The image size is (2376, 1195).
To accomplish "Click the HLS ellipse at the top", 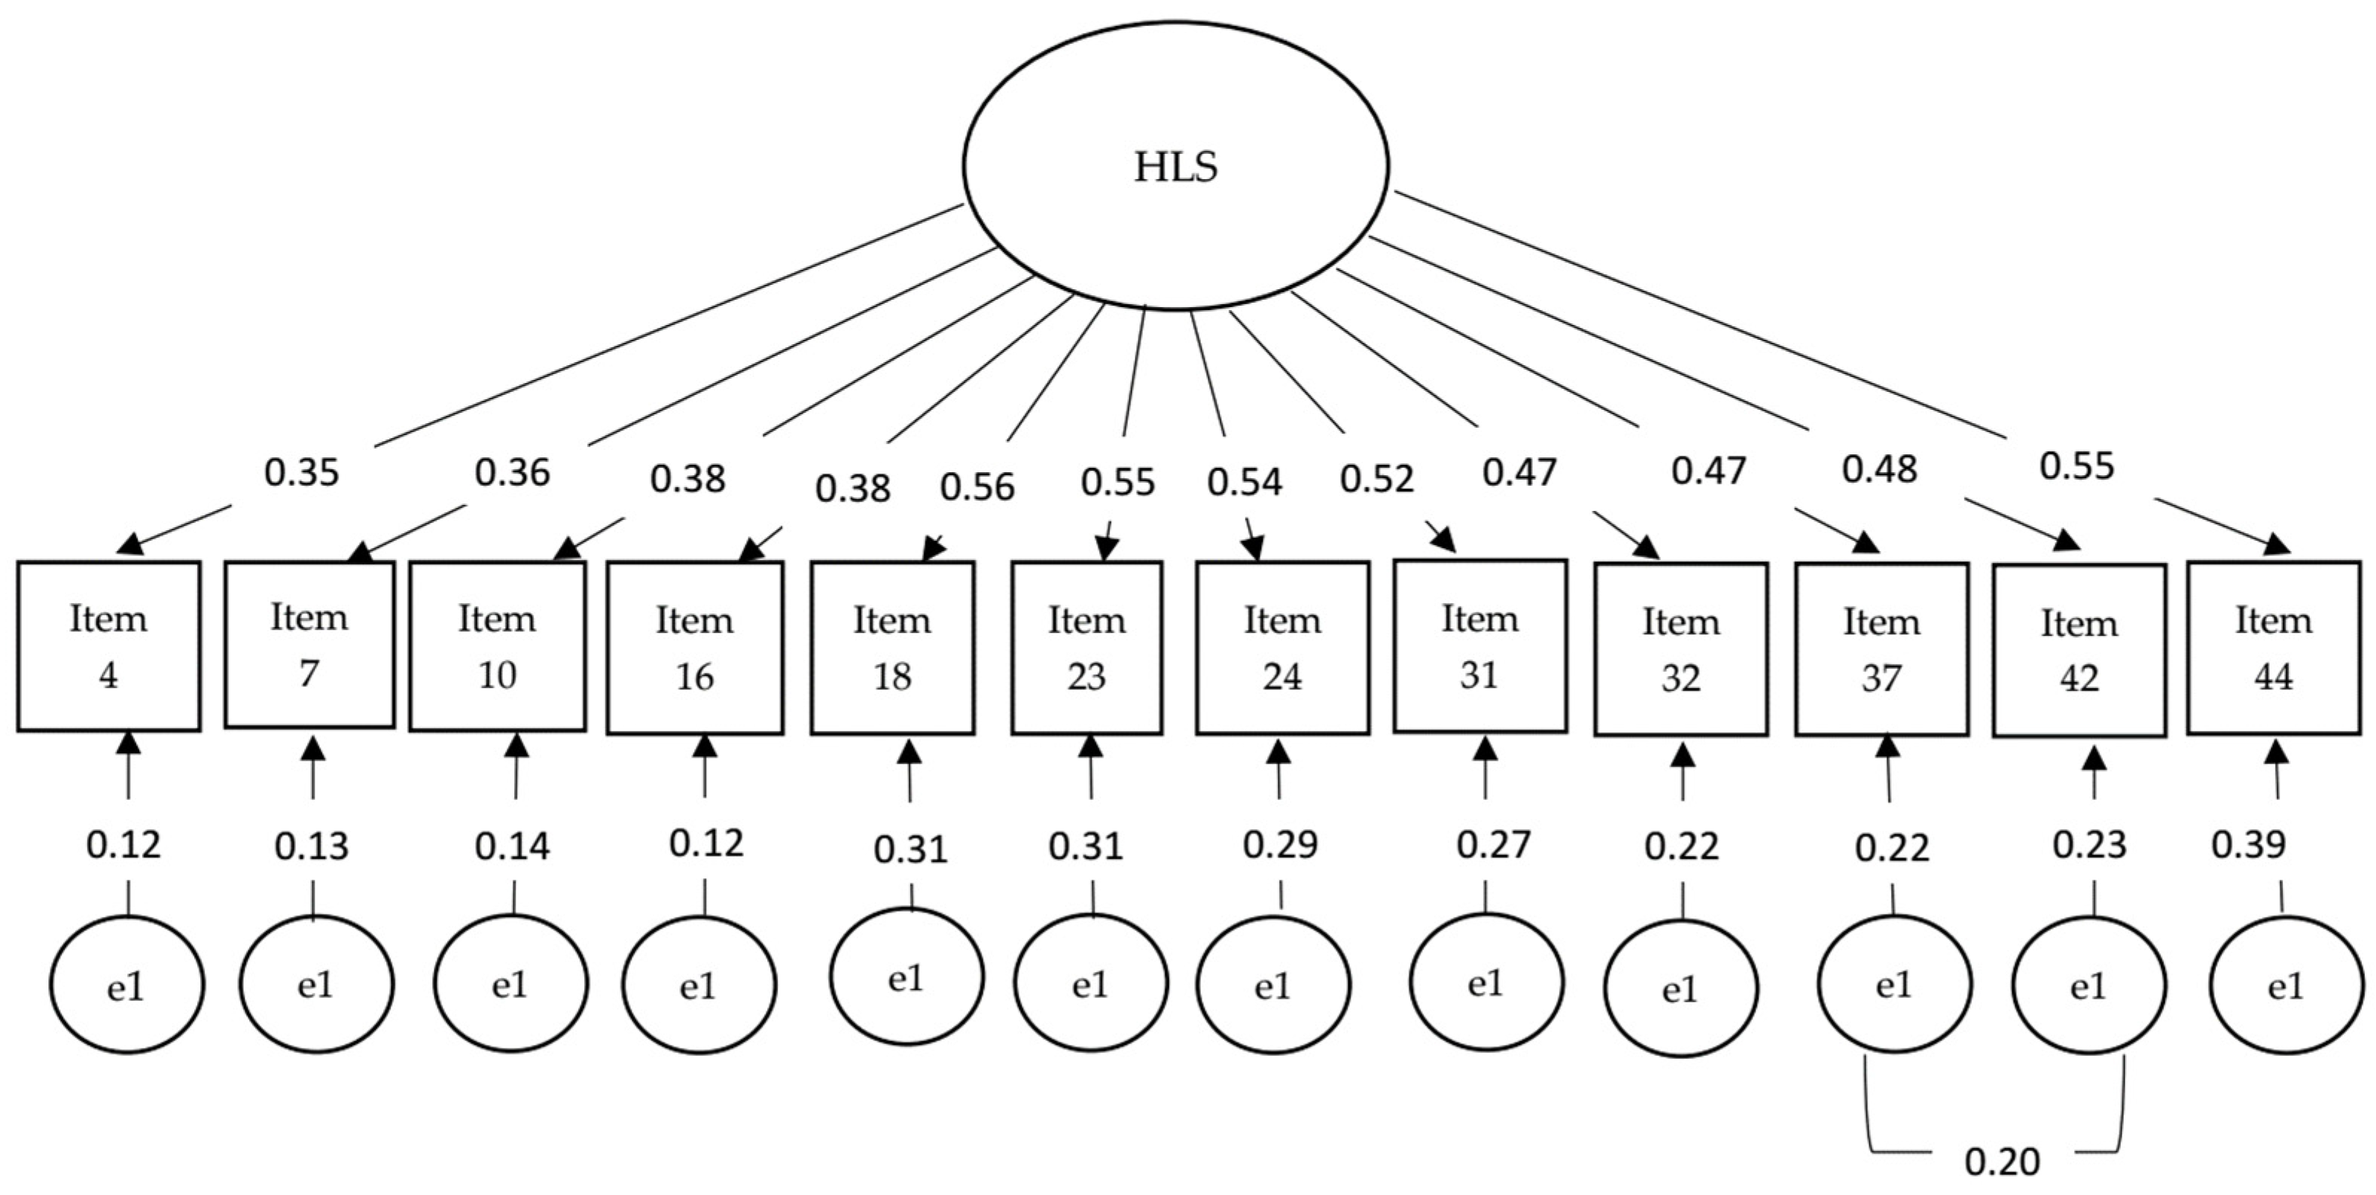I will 1175,166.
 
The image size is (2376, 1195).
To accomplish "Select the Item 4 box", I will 109,645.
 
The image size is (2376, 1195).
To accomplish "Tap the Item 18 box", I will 892,647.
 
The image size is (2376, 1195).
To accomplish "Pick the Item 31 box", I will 1479,645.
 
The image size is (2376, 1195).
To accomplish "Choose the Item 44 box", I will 2273,647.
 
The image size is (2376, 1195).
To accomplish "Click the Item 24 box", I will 1282,647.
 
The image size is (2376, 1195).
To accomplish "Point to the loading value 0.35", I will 301,473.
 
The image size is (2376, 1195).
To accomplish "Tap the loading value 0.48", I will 1879,469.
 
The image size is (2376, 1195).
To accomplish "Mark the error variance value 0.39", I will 2248,845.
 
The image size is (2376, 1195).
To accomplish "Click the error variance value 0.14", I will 512,846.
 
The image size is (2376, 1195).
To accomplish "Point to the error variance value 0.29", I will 1280,845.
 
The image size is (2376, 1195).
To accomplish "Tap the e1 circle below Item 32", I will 1680,989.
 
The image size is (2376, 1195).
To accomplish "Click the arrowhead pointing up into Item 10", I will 517,744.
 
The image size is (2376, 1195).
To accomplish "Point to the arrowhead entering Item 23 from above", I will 1106,550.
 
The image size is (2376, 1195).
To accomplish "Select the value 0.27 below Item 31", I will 1493,845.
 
